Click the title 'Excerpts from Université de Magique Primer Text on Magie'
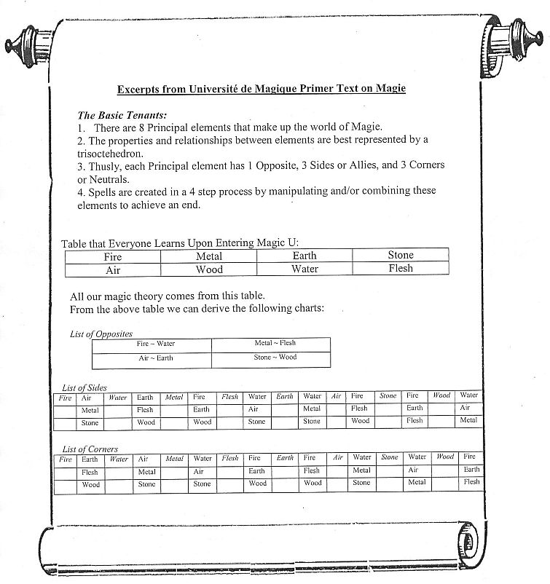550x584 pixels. point(262,89)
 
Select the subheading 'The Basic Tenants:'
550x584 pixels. point(122,115)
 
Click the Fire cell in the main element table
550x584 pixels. point(113,256)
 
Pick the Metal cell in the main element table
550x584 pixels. point(209,256)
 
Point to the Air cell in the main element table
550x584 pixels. point(113,269)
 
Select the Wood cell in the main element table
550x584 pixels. point(209,269)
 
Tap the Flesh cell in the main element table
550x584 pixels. point(400,269)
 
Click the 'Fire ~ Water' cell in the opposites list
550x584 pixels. point(155,344)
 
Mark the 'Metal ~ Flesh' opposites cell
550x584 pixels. point(275,343)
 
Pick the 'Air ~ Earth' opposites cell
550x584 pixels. point(155,358)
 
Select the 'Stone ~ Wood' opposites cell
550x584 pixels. point(275,358)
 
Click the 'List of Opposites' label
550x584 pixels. point(101,334)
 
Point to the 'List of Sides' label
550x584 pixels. point(85,388)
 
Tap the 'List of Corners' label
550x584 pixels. point(90,449)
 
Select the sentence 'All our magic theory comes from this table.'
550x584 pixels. point(167,296)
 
